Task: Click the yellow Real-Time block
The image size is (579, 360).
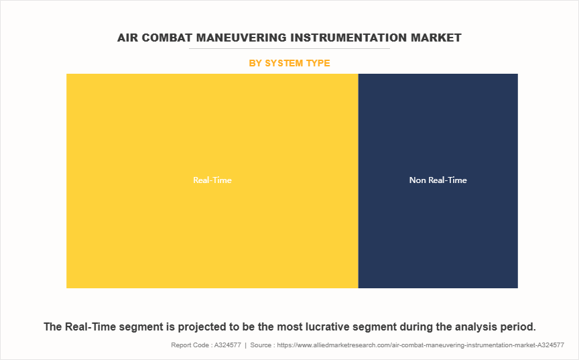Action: click(212, 181)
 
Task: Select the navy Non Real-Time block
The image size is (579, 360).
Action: click(438, 181)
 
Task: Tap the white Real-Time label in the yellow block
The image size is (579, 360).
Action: click(212, 180)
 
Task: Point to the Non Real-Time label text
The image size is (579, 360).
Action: click(438, 180)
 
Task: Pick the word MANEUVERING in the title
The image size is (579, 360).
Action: click(241, 38)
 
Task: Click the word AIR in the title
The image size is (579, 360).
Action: click(128, 38)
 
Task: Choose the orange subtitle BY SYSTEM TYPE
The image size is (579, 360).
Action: click(289, 63)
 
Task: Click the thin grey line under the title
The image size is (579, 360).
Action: click(289, 48)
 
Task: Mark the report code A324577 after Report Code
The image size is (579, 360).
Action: click(227, 345)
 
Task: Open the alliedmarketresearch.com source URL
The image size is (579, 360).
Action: click(421, 345)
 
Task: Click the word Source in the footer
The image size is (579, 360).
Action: click(261, 345)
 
